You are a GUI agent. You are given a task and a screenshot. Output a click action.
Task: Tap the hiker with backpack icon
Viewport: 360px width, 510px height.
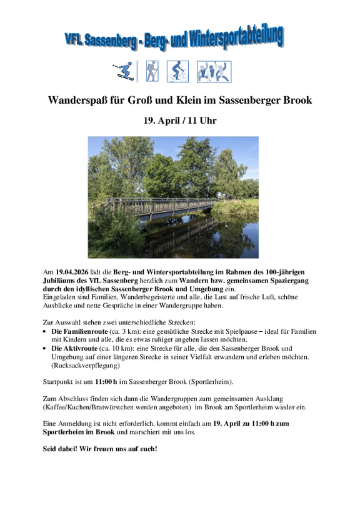(x=151, y=71)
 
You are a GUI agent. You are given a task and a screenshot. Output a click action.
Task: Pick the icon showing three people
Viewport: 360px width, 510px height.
(x=214, y=71)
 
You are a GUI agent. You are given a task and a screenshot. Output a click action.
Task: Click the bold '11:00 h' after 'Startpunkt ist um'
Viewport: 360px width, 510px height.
(x=106, y=381)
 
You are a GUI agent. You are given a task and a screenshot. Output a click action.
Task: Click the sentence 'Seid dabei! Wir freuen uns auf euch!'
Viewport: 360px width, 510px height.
(x=100, y=449)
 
